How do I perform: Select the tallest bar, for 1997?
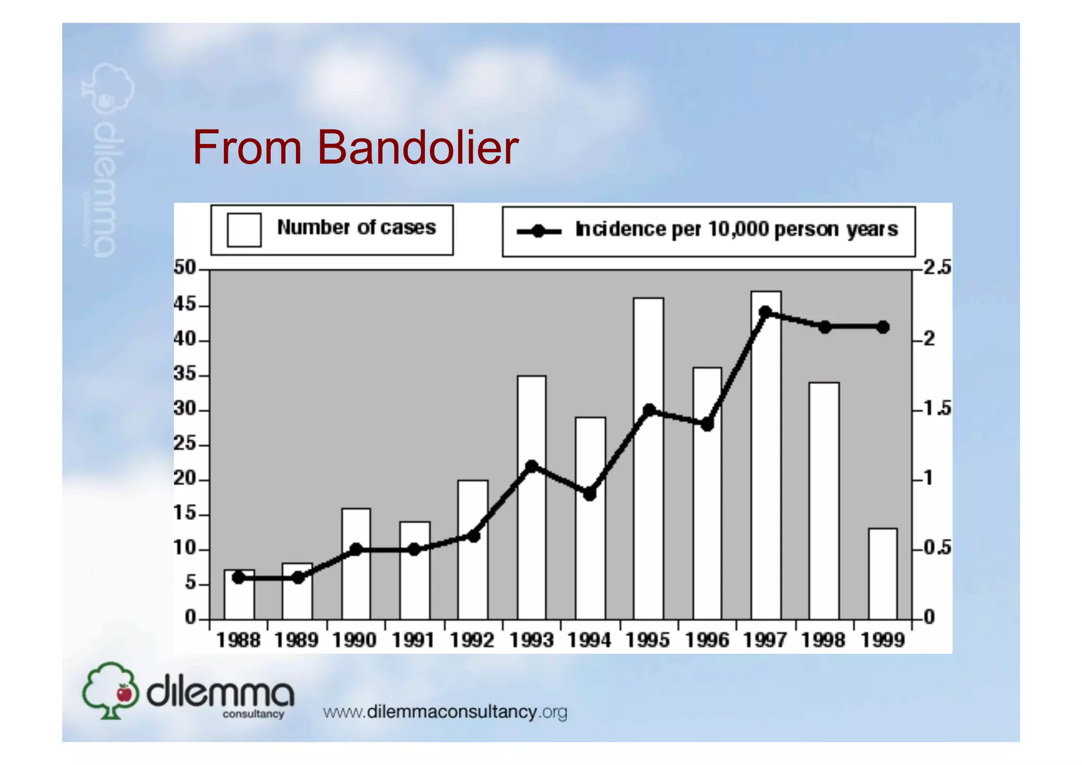coord(766,476)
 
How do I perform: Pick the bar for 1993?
coord(531,529)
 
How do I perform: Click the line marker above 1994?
coord(590,494)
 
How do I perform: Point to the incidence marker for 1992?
coord(474,536)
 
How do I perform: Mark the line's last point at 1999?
coord(883,327)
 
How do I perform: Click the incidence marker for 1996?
coord(707,424)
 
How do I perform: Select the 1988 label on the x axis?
coord(238,640)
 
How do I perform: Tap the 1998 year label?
coord(823,640)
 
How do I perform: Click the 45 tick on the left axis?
coord(184,305)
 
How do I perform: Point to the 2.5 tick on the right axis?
coord(937,268)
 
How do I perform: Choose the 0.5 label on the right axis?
coord(937,548)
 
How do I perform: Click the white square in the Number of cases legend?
coord(244,229)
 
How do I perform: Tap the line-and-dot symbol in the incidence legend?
coord(538,231)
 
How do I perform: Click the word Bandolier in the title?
coord(417,148)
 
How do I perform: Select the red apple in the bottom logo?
coord(124,693)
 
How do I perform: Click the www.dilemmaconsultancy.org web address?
coord(445,712)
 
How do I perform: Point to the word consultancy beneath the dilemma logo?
coord(253,714)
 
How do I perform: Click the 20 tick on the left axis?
coord(184,479)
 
